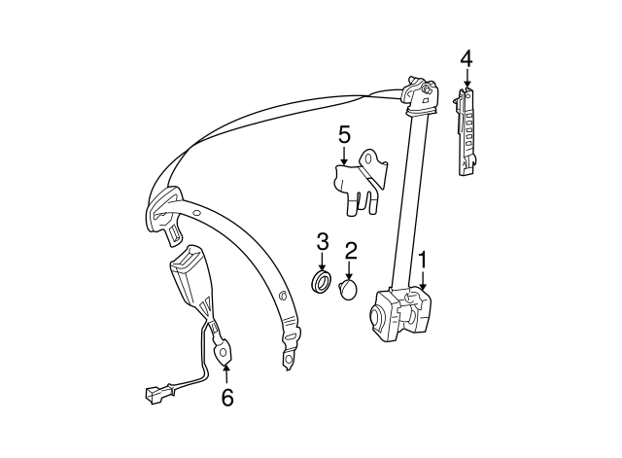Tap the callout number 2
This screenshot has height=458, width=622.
(x=351, y=251)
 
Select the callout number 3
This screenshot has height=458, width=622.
(x=323, y=241)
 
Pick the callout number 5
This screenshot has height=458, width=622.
(x=344, y=133)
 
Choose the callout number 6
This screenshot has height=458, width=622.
(x=226, y=397)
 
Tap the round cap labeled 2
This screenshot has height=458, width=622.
(x=351, y=290)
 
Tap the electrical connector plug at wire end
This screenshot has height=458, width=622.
(x=154, y=396)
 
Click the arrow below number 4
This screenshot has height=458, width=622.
(x=466, y=80)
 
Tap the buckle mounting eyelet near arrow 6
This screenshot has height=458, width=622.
(x=225, y=348)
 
